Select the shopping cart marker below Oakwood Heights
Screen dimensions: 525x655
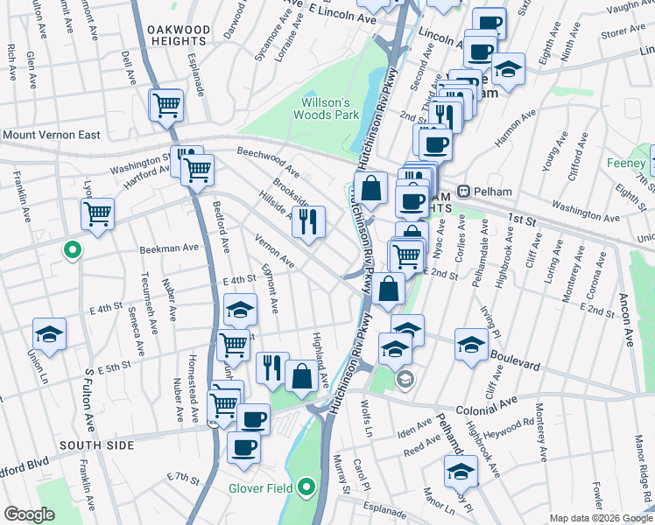pyautogui.click(x=166, y=106)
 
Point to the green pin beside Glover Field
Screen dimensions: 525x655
pyautogui.click(x=306, y=486)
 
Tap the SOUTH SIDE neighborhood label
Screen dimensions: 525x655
pyautogui.click(x=97, y=445)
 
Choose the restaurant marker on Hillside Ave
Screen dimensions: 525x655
pyautogui.click(x=307, y=222)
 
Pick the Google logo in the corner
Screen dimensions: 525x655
pyautogui.click(x=29, y=514)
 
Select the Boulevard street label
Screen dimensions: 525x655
pyautogui.click(x=522, y=358)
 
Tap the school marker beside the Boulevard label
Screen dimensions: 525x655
pyautogui.click(x=471, y=345)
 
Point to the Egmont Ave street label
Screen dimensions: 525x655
pyautogui.click(x=270, y=290)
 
